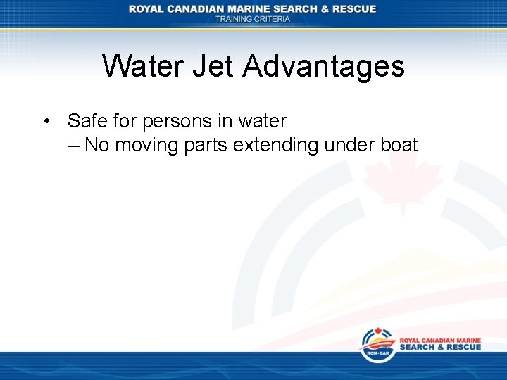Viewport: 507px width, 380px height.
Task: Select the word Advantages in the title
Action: tap(324, 67)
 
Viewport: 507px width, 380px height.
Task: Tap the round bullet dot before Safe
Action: tap(46, 121)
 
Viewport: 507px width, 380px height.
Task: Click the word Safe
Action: tap(87, 121)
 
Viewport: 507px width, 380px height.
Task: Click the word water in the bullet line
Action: tap(262, 121)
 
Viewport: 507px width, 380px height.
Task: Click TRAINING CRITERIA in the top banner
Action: tap(253, 20)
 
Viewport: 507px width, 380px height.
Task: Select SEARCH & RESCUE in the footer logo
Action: tap(440, 347)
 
